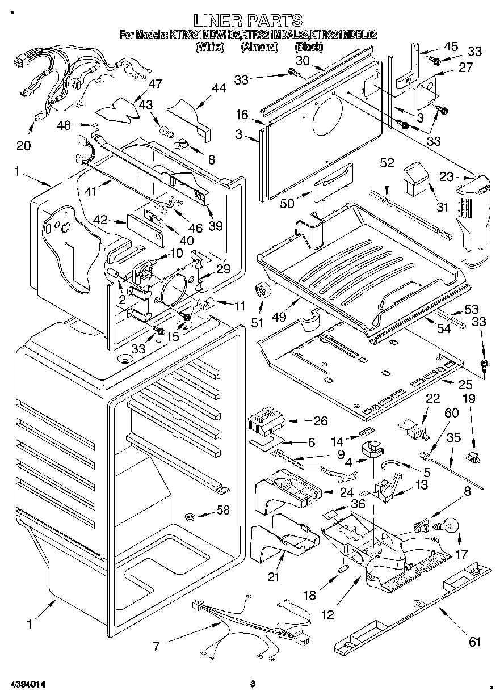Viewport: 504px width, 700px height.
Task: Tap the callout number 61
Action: click(x=474, y=642)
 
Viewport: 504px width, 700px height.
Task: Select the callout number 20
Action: click(x=23, y=145)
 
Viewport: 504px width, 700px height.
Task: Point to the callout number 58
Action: click(x=223, y=510)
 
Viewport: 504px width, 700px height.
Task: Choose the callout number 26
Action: click(x=321, y=421)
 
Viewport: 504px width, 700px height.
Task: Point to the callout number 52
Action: click(x=387, y=163)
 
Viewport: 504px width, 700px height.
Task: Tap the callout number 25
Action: click(x=465, y=384)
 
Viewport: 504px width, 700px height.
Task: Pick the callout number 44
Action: click(x=219, y=88)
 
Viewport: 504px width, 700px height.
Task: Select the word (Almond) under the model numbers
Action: click(x=259, y=47)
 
